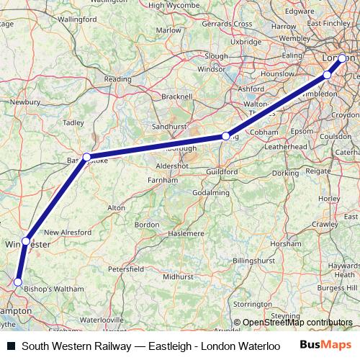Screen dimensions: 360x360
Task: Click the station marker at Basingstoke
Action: pos(86,156)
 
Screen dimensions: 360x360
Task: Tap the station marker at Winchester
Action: pos(26,240)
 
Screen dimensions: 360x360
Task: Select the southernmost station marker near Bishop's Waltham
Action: pos(18,282)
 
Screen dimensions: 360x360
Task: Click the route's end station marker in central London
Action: pos(342,59)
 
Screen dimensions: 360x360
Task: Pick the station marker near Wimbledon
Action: pos(327,75)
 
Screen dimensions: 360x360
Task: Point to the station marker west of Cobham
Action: pos(225,135)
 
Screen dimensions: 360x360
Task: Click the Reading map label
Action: pos(117,79)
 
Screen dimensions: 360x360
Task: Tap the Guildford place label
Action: pos(221,173)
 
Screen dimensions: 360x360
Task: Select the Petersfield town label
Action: pos(126,268)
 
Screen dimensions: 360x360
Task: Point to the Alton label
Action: pos(116,207)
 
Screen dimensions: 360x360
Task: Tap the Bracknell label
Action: pos(178,96)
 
